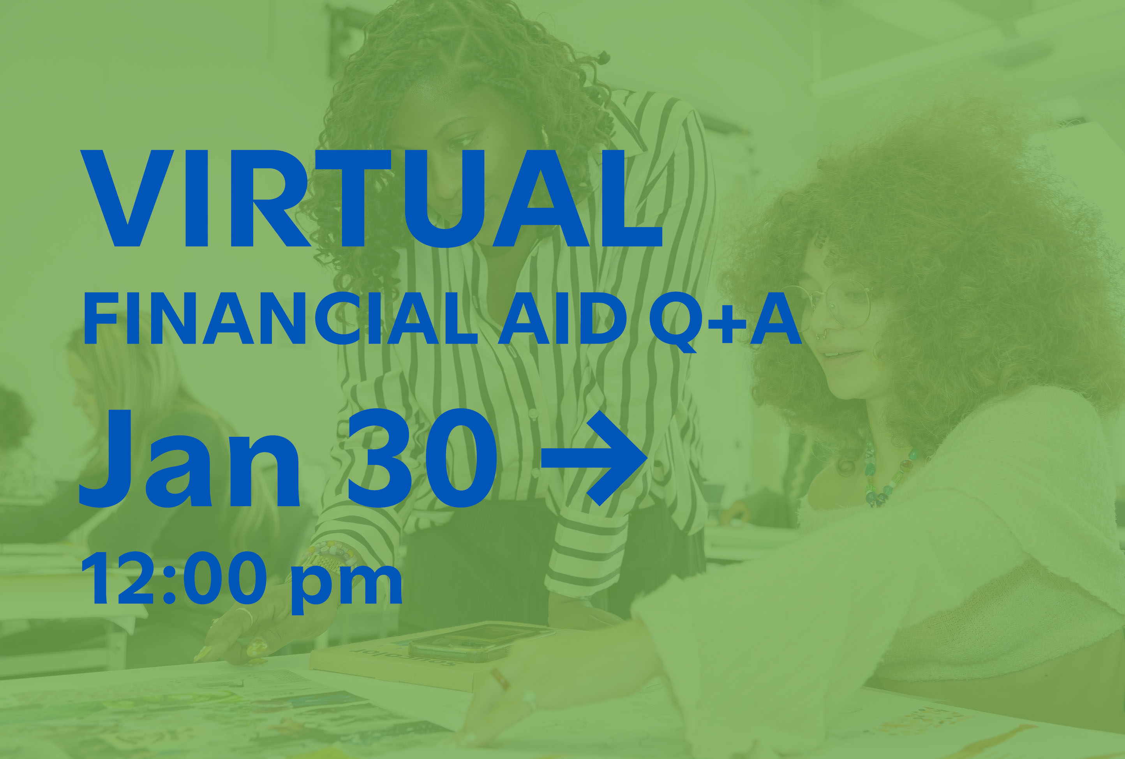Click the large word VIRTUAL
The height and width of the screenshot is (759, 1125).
pyautogui.click(x=371, y=198)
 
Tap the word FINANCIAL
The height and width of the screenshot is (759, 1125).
pyautogui.click(x=280, y=318)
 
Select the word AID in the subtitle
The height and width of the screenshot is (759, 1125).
pyautogui.click(x=562, y=318)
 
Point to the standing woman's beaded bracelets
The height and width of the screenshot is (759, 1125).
pyautogui.click(x=329, y=557)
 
